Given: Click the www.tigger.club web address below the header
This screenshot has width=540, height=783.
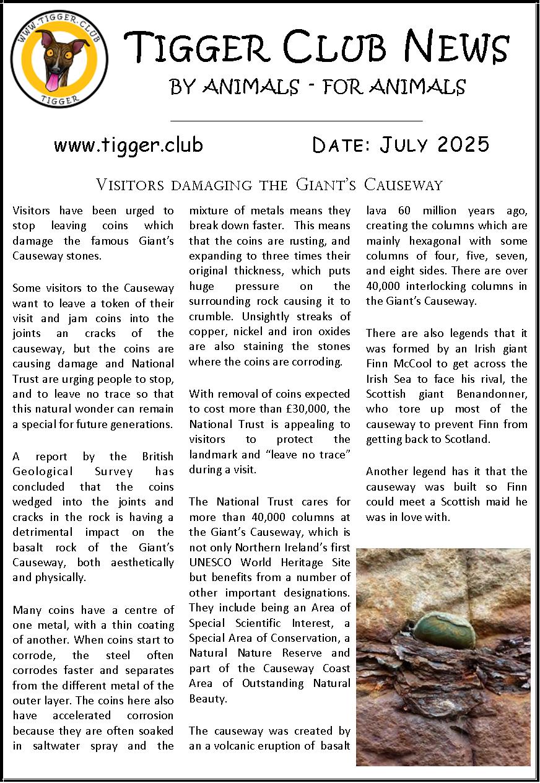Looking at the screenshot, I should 128,145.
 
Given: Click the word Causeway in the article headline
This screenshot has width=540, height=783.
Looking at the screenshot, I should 403,185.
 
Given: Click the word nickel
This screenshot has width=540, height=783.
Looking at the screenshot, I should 252,331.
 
